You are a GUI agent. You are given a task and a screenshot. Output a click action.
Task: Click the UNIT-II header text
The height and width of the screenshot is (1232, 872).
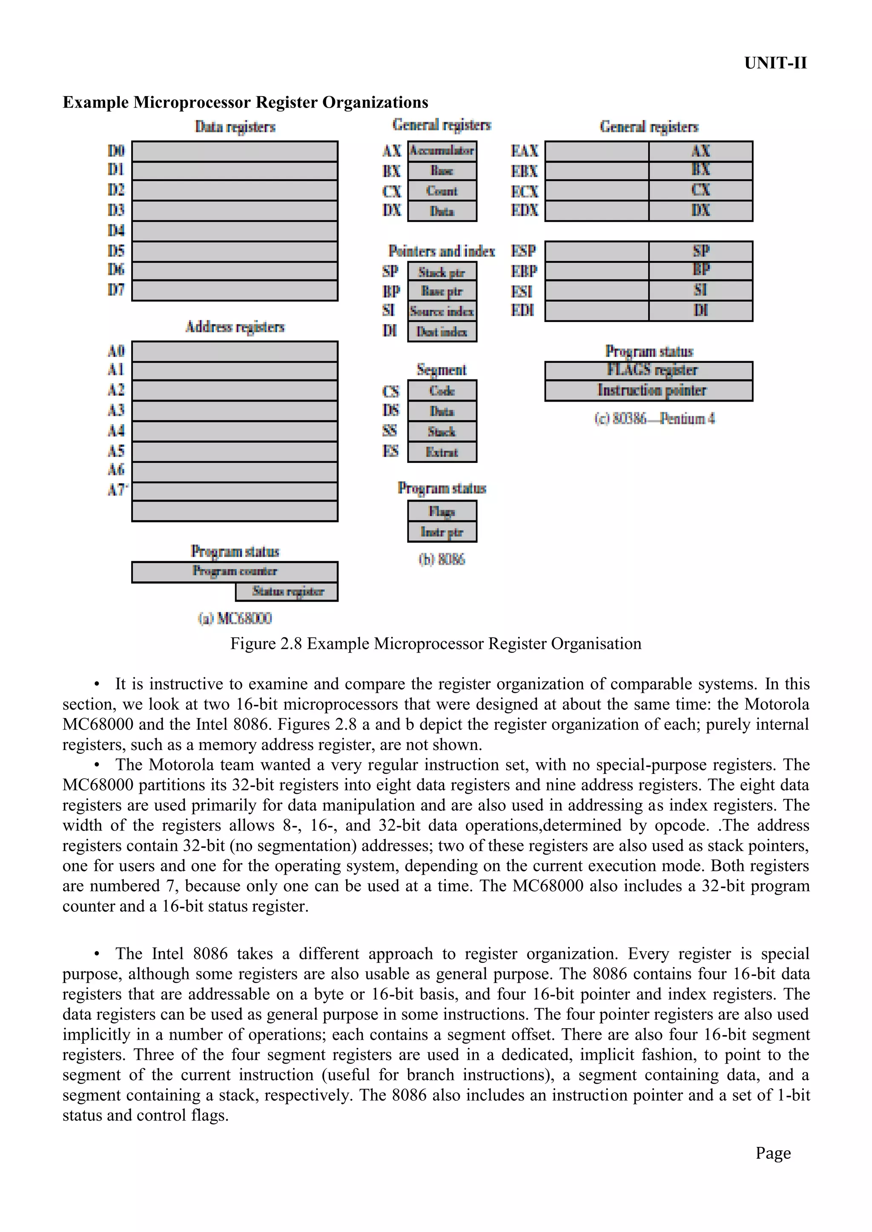[775, 63]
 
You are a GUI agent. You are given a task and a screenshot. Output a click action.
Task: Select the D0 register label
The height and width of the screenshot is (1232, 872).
[116, 150]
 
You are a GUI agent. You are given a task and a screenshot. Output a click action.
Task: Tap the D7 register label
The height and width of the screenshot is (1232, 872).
[116, 290]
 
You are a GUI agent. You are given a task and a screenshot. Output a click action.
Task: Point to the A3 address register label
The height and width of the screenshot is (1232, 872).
[116, 411]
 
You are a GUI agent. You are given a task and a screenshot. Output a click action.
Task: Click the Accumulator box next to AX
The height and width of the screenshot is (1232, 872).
[442, 151]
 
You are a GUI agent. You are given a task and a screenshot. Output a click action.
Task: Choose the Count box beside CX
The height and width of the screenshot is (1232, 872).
[442, 191]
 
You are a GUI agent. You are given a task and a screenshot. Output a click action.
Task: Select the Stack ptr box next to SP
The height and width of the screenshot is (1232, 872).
[442, 272]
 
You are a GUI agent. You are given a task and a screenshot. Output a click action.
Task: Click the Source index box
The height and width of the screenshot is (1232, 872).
[442, 311]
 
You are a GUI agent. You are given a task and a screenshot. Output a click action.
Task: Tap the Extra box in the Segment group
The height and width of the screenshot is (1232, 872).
[442, 452]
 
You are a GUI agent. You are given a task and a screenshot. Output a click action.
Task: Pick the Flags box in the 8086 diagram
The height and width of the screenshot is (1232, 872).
[442, 511]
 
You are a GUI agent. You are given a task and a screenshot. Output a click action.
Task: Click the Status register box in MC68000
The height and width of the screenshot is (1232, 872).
[287, 591]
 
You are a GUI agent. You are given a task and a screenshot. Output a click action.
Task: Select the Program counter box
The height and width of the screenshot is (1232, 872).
[235, 571]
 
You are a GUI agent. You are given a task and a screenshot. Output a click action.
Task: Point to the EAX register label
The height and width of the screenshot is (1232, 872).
[524, 151]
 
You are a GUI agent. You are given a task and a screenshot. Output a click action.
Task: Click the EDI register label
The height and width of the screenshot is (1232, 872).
[522, 311]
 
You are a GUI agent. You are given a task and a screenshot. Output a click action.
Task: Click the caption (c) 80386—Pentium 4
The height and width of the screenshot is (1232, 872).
[654, 419]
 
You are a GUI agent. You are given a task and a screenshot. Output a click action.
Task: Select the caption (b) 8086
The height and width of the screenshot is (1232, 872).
[442, 560]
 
